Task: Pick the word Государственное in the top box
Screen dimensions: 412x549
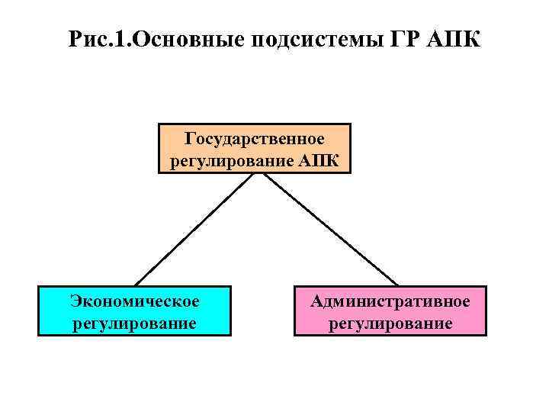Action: (255, 139)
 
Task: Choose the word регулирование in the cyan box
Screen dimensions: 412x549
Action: (134, 323)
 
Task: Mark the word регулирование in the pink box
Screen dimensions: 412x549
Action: (390, 323)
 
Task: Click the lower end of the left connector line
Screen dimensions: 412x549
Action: (136, 285)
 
